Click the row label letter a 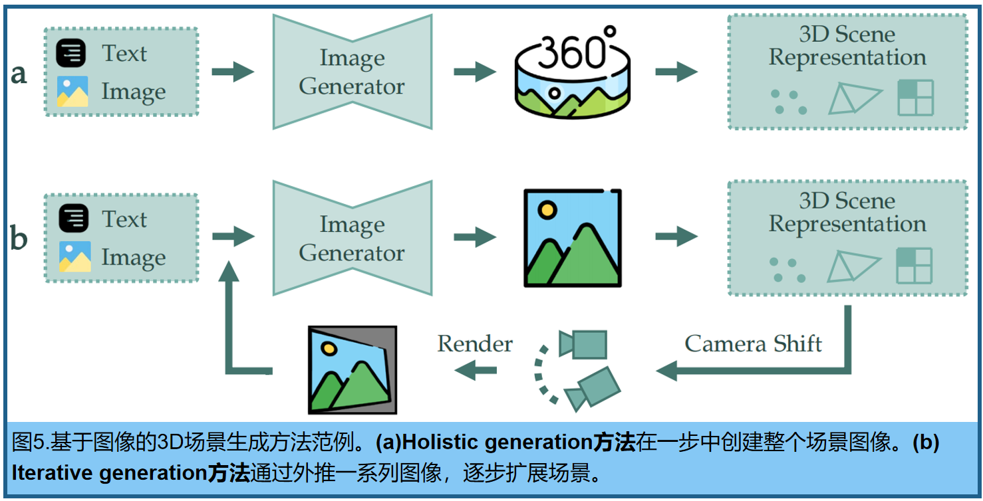point(19,74)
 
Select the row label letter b point(19,239)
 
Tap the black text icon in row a point(70,53)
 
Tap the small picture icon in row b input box point(73,257)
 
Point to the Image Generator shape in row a point(352,72)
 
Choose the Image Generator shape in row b point(352,239)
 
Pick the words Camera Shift point(753,344)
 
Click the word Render point(475,344)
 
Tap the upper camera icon point(583,344)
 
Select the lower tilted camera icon point(592,388)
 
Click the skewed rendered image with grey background point(352,369)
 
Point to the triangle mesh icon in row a point(854,99)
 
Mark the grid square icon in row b point(914,265)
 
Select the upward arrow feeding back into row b point(229,312)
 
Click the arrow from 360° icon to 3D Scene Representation point(676,72)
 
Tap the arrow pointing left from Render point(475,370)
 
